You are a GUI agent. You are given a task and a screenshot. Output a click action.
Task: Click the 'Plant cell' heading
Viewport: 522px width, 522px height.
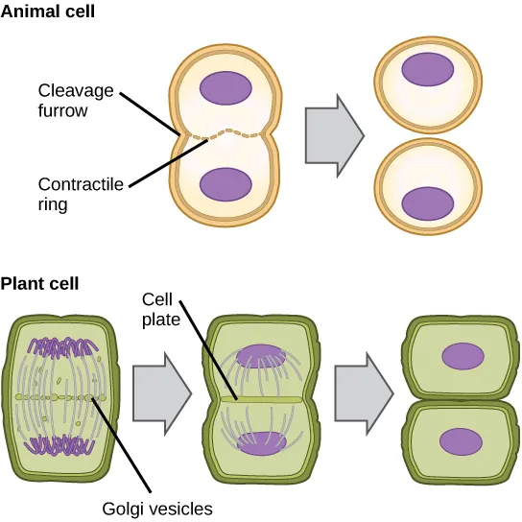click(40, 284)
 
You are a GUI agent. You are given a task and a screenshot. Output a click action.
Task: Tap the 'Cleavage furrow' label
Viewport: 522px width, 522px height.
click(76, 100)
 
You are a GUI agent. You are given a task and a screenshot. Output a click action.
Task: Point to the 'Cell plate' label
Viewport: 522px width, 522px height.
click(160, 309)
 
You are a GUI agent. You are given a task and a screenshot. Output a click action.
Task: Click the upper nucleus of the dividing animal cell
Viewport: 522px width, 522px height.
click(226, 89)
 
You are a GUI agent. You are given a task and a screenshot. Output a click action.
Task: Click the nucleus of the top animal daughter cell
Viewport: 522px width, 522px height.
click(427, 69)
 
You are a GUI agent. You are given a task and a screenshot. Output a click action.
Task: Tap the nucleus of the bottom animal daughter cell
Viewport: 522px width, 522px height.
click(427, 203)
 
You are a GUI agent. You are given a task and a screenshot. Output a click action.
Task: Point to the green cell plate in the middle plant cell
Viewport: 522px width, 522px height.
click(256, 397)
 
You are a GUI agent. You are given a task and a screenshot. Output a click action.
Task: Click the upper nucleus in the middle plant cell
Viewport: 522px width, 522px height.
click(255, 354)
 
